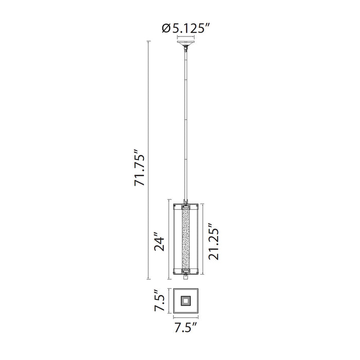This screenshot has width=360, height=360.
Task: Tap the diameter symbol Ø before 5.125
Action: (166, 29)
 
